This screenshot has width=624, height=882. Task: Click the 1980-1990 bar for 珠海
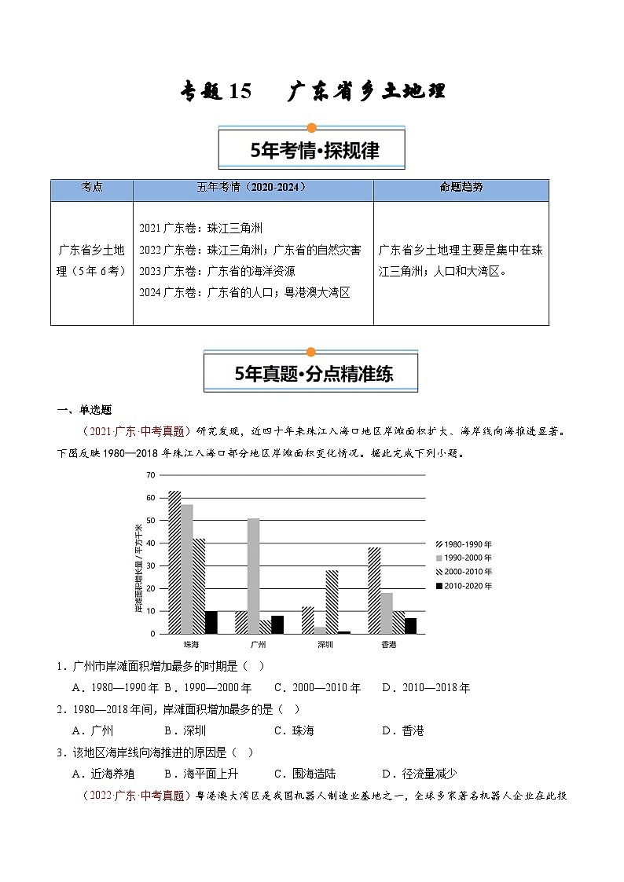(x=174, y=562)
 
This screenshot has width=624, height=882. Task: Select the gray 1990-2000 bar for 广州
(x=253, y=576)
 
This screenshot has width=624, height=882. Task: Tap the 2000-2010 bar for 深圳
(x=332, y=602)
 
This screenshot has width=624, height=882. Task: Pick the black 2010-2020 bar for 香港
(x=410, y=625)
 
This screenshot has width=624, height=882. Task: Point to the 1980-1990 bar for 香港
(x=374, y=591)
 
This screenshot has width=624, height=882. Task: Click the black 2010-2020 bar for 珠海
(x=211, y=622)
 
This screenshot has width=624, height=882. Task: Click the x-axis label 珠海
(x=190, y=644)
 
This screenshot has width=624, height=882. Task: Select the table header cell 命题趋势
(x=461, y=188)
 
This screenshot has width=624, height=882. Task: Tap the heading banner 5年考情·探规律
(x=311, y=150)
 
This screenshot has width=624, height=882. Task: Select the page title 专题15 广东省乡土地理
(x=311, y=92)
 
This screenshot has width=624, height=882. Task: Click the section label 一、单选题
(x=83, y=409)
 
